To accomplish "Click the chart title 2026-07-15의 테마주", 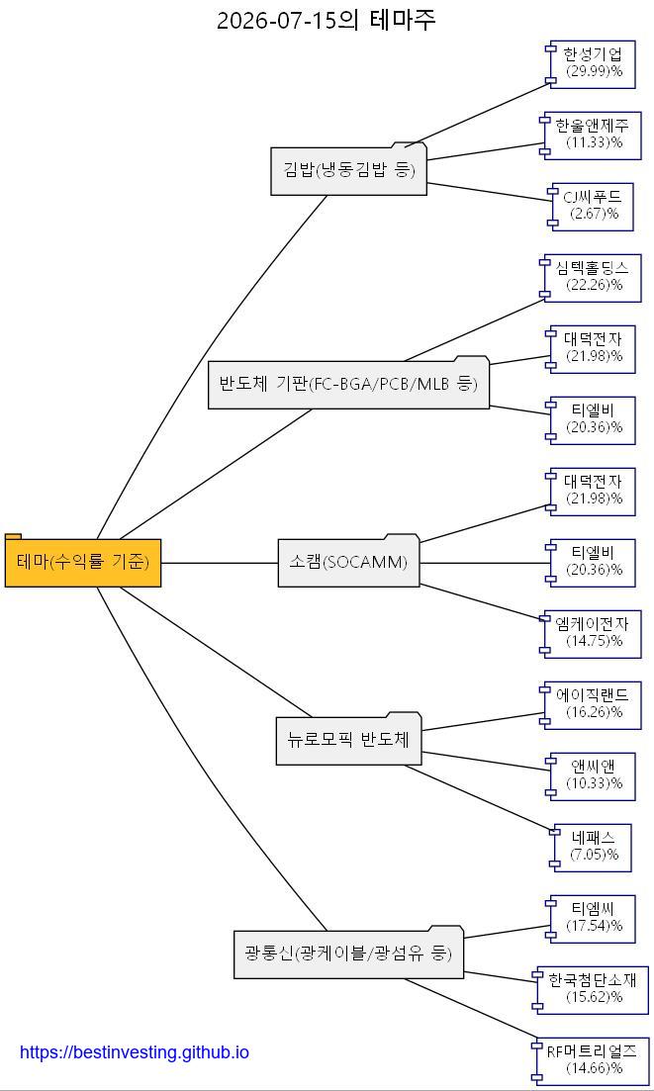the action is point(327,20).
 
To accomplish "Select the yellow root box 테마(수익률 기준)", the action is point(83,561).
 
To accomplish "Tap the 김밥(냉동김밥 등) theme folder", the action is point(348,169).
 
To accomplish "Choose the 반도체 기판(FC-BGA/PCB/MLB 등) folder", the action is point(348,382).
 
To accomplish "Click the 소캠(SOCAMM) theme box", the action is point(348,561).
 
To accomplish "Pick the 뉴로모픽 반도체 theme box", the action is point(348,739).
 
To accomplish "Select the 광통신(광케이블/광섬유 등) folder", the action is point(348,953).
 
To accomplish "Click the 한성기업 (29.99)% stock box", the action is point(591,64).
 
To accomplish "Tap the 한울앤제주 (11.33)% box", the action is point(591,136).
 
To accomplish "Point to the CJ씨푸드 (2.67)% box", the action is point(591,207).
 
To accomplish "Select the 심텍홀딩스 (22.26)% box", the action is point(591,278).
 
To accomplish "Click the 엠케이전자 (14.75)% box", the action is point(591,634).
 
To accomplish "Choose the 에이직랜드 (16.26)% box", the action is point(591,705).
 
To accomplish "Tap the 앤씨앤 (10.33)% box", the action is point(591,776).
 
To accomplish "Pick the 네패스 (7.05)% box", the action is point(591,848).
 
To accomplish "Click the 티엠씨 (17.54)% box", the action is point(591,919).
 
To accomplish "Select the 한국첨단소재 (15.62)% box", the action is point(591,991).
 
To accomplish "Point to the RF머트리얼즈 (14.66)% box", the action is point(591,1061).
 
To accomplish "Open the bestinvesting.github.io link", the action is point(135,1052).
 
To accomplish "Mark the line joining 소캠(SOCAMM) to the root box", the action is point(220,562).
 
